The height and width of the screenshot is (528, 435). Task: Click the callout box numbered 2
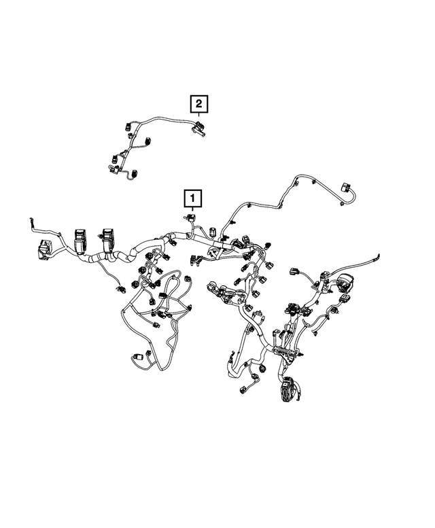pyautogui.click(x=198, y=104)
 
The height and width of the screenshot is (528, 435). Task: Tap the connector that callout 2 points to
pyautogui.click(x=199, y=127)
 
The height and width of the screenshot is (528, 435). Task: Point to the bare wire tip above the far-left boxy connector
pyautogui.click(x=30, y=222)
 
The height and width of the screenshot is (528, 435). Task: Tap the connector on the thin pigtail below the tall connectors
pyautogui.click(x=121, y=288)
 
